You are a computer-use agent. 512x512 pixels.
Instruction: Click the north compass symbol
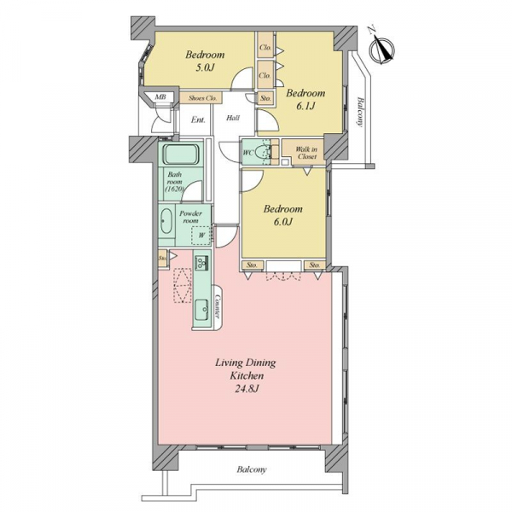pyautogui.click(x=381, y=49)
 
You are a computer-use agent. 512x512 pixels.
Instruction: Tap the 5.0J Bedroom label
pyautogui.click(x=205, y=61)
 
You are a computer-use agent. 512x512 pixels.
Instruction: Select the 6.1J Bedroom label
pyautogui.click(x=305, y=99)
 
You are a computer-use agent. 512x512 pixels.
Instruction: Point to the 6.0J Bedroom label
pyautogui.click(x=282, y=215)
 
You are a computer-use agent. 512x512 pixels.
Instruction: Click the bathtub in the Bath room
pyautogui.click(x=180, y=154)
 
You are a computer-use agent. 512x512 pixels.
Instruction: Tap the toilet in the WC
pyautogui.click(x=263, y=152)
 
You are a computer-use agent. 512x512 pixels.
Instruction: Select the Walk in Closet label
pyautogui.click(x=306, y=153)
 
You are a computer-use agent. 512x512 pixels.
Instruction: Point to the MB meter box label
pyautogui.click(x=160, y=96)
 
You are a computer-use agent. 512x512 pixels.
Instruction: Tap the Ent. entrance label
pyautogui.click(x=198, y=119)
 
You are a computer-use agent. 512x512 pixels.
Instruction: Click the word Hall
pyautogui.click(x=233, y=118)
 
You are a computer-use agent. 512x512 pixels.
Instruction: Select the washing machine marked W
pyautogui.click(x=201, y=235)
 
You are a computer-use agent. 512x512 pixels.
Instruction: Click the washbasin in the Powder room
pyautogui.click(x=166, y=221)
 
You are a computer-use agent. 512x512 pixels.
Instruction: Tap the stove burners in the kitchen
pyautogui.click(x=201, y=263)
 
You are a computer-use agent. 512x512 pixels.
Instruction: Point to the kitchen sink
pyautogui.click(x=202, y=310)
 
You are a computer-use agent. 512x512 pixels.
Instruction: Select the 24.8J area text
pyautogui.click(x=247, y=389)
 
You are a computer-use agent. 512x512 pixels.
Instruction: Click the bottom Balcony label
pyautogui.click(x=252, y=469)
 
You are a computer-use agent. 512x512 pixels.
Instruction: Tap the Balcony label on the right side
pyautogui.click(x=360, y=112)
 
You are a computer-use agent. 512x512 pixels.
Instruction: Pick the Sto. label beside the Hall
pyautogui.click(x=265, y=98)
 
